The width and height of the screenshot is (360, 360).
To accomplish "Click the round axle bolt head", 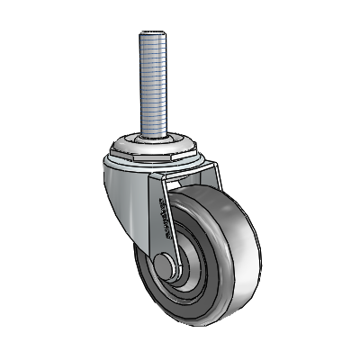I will click(x=164, y=268).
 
